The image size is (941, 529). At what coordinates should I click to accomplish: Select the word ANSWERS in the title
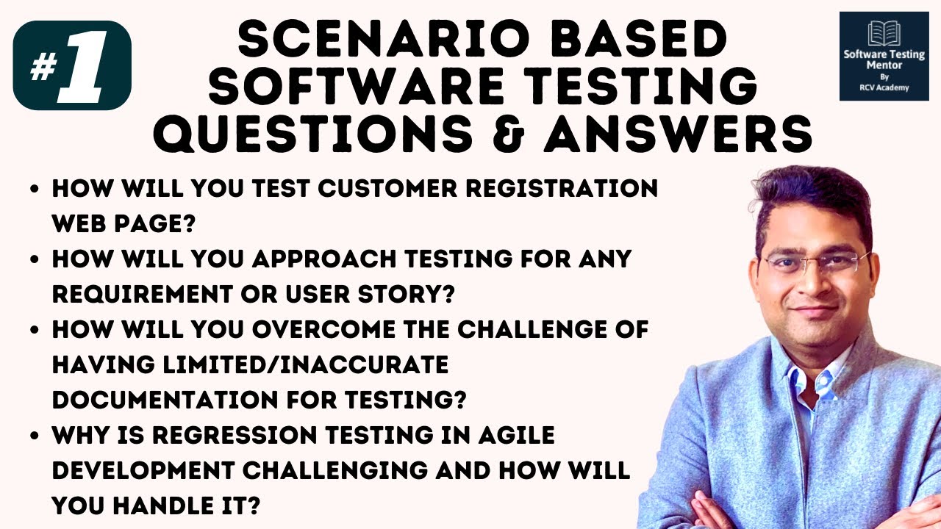coord(678,134)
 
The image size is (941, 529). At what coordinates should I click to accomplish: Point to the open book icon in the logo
coord(883,32)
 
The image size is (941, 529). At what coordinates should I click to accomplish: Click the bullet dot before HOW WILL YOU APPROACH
coord(35,261)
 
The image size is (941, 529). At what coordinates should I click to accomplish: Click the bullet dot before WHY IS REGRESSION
coord(35,436)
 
